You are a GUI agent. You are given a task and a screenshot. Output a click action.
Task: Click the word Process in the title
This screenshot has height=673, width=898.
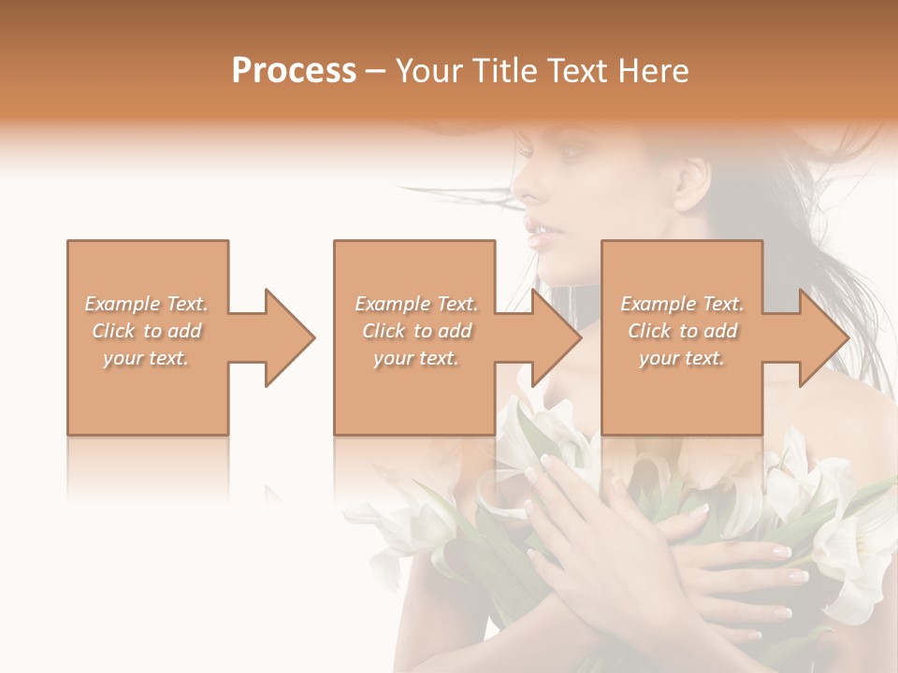click(x=294, y=71)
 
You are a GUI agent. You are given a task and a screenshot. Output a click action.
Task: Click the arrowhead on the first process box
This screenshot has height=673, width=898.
click(x=286, y=337)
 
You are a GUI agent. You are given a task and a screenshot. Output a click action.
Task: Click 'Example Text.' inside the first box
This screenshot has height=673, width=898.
click(x=147, y=304)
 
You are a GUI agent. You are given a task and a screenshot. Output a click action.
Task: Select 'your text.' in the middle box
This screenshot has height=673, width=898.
click(x=415, y=358)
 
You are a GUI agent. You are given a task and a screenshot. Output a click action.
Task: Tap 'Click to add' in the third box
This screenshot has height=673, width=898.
click(x=682, y=331)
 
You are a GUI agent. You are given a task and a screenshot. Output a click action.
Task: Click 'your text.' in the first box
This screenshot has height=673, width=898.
click(x=147, y=358)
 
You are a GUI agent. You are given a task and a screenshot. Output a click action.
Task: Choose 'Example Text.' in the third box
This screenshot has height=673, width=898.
click(x=682, y=304)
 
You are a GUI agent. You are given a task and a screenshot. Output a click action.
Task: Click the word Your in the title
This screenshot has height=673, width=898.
click(x=431, y=71)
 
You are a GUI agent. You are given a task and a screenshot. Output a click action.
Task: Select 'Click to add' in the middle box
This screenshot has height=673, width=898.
click(x=415, y=331)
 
